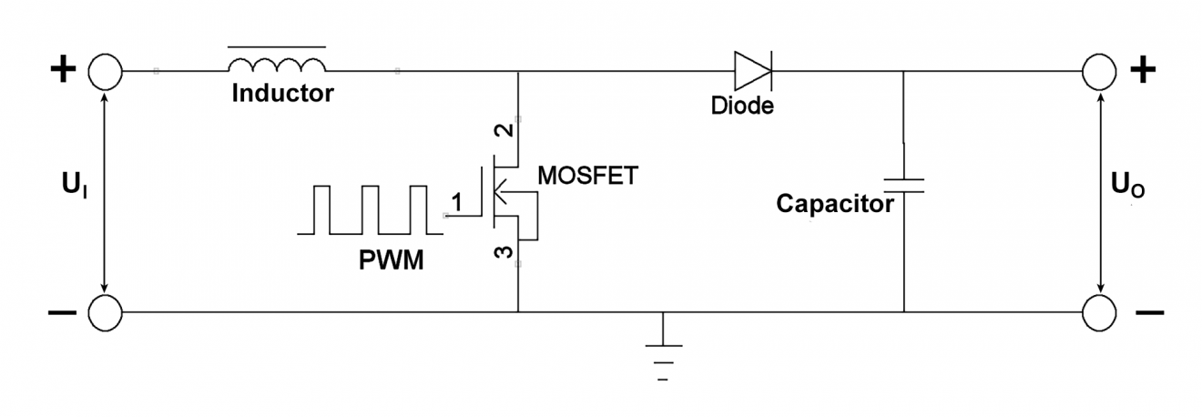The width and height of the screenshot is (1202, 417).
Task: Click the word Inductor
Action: tap(281, 93)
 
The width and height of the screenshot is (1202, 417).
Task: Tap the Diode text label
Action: tap(742, 106)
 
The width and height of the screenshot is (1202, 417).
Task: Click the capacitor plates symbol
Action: tap(903, 186)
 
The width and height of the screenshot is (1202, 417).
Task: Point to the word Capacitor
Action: tap(834, 204)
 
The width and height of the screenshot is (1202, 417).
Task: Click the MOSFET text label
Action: tap(586, 175)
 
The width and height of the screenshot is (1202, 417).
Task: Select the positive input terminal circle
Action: tap(105, 70)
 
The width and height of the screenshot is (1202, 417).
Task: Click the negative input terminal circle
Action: tap(105, 312)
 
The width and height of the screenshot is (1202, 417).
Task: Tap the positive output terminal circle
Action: tap(1099, 70)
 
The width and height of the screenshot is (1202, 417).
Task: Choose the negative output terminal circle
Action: tap(1099, 312)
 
